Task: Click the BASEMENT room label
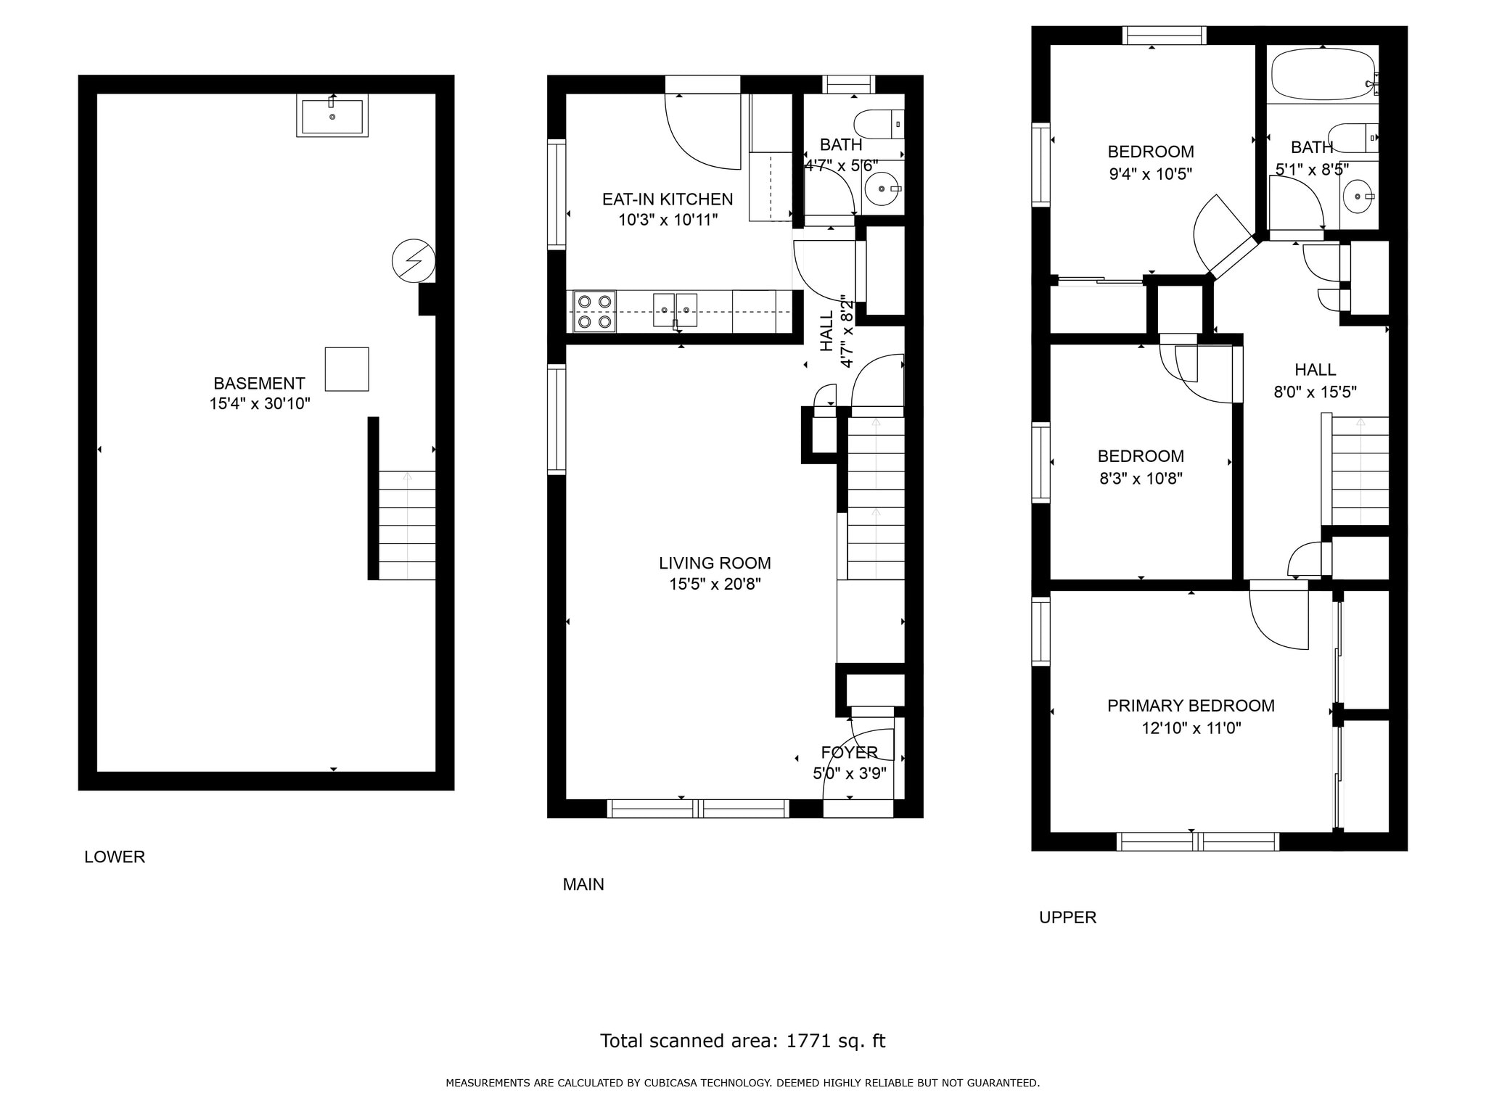(259, 383)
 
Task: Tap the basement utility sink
(332, 116)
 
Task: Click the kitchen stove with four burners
(594, 311)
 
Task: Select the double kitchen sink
(675, 310)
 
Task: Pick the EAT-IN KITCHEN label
(668, 199)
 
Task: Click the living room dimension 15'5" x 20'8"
(715, 584)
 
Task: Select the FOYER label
(850, 752)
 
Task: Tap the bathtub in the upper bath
(1323, 74)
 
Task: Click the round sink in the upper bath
(1358, 197)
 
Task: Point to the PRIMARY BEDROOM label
(1191, 706)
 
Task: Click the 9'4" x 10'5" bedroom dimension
(1151, 174)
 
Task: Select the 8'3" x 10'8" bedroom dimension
(1141, 479)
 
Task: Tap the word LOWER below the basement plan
(115, 857)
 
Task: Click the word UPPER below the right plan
(1067, 917)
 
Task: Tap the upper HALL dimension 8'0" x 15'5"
(1315, 392)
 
